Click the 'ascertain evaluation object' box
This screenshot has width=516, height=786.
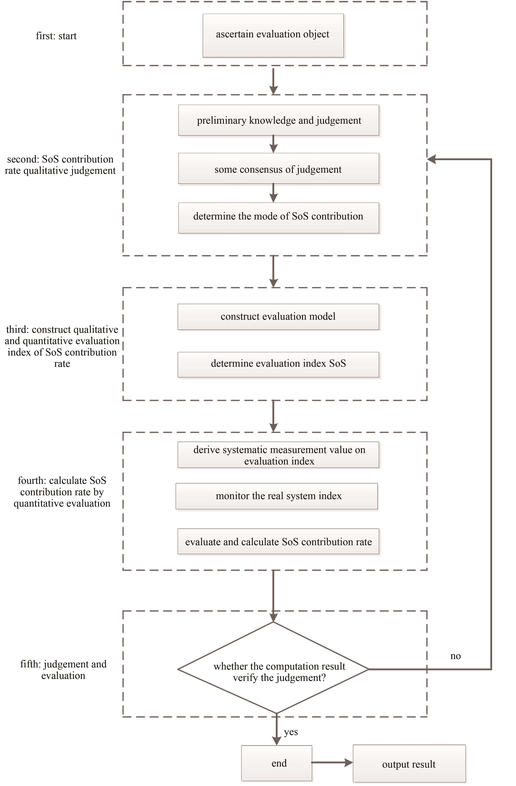273,35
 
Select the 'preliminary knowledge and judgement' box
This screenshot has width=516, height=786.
278,120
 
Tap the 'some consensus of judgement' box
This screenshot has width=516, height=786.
278,168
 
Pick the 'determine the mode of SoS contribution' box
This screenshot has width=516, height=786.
278,218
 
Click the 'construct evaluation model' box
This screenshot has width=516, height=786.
278,317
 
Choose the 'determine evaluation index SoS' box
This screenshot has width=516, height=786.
278,365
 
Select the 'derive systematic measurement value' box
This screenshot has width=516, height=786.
278,455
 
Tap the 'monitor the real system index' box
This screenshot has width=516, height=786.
276,496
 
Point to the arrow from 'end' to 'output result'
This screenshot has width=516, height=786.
332,763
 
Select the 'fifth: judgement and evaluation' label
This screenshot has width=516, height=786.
63,669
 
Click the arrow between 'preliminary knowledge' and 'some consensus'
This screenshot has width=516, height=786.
273,144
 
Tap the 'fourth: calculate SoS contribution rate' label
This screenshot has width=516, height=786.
62,492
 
